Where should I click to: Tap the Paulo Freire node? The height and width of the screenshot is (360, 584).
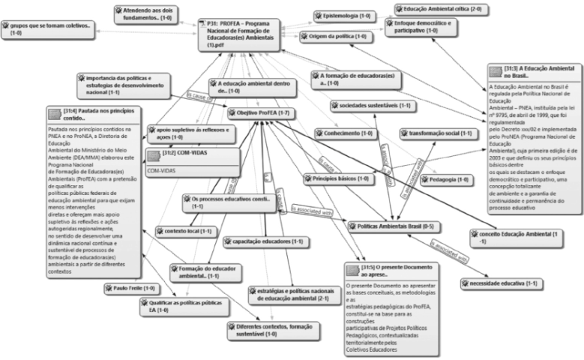133,287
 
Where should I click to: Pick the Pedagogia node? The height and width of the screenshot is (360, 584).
446,179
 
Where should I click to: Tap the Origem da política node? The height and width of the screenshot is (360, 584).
337,36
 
